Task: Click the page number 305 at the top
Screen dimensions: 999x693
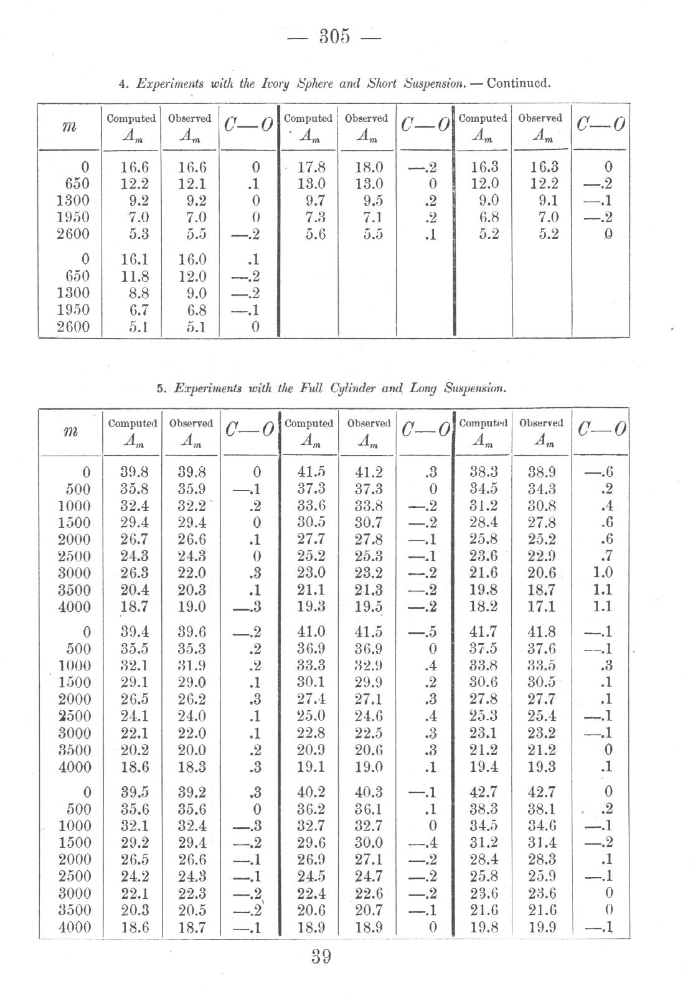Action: coord(334,37)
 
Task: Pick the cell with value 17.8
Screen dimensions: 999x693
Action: coord(311,167)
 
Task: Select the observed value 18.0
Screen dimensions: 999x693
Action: coord(368,167)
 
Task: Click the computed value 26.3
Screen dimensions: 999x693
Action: coord(134,573)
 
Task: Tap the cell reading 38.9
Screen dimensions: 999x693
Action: coord(542,472)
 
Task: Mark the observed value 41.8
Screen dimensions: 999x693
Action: coord(542,632)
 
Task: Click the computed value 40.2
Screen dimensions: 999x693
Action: coord(311,792)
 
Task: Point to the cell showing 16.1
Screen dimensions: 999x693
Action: coord(134,259)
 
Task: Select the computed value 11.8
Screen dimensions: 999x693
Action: coord(134,276)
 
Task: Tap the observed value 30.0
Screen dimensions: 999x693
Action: coord(368,843)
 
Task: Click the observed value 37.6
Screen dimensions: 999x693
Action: coord(542,649)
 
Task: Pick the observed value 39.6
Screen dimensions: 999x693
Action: coord(192,632)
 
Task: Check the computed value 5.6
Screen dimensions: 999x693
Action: coord(311,234)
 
